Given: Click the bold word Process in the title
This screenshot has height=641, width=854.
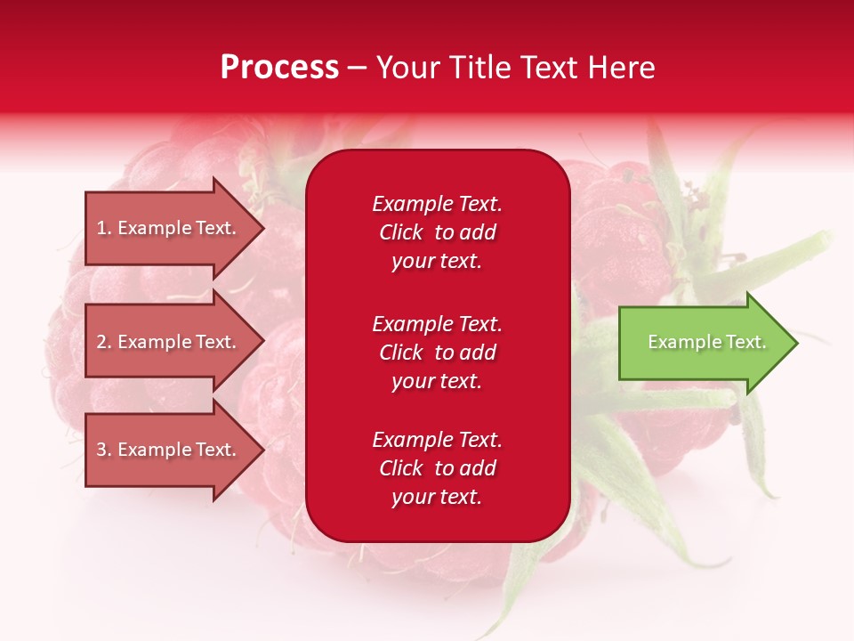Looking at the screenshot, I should tap(279, 68).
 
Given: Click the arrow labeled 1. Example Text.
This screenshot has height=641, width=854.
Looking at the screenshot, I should tap(169, 228).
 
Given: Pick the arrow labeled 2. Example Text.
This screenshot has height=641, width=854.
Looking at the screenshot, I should tap(169, 342).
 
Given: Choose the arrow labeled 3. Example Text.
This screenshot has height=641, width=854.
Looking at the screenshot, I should tap(169, 450).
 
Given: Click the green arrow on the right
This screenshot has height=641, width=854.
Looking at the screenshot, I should tap(703, 342).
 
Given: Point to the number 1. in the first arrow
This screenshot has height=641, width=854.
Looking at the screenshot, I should tap(104, 228).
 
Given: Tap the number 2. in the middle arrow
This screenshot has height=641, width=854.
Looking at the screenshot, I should tap(104, 342).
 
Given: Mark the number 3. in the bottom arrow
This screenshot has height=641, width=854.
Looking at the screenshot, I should tap(104, 450).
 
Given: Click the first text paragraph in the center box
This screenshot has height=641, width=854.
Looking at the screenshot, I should tap(437, 232).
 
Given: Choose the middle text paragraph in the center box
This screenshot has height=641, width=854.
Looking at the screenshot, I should tap(437, 353).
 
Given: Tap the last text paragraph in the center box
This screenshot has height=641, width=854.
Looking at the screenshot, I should tap(437, 468).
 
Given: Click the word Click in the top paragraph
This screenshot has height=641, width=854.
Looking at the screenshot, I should tap(400, 232).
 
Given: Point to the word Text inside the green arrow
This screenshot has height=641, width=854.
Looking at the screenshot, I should tap(745, 342).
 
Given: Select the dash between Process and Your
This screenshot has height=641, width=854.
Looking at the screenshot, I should tap(358, 68).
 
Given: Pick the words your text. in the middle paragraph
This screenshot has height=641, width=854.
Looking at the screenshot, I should tap(437, 381).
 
